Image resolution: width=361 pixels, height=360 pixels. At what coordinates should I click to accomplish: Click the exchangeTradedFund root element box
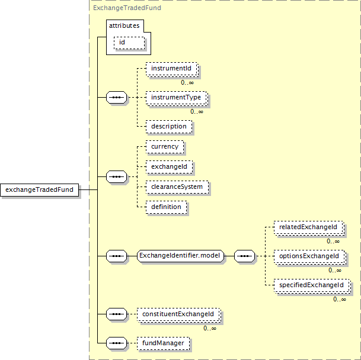pos(39,190)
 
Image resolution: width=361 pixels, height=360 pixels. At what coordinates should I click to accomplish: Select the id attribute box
pos(129,43)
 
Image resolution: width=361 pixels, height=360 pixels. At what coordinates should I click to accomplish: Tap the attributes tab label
pos(124,26)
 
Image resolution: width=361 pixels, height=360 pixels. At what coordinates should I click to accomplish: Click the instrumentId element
pos(172,69)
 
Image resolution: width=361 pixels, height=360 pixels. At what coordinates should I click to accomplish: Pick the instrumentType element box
pos(177,98)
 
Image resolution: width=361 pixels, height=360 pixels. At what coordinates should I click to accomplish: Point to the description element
pos(169,127)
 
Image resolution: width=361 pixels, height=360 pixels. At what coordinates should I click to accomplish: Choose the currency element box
pos(165,147)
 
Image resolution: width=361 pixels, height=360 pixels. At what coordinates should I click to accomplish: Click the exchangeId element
pos(169,167)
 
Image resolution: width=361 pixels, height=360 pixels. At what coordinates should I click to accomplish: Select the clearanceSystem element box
pos(177,187)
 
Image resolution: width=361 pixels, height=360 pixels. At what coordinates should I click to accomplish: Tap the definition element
pos(166,207)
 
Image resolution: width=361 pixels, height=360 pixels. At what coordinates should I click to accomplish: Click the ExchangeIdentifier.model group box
pos(180,256)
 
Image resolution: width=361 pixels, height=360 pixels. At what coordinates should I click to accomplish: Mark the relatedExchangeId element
pos(309,227)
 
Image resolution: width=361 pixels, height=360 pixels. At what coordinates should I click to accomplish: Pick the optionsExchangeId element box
pos(310,256)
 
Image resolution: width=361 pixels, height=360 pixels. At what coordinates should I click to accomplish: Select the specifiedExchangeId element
pos(312,285)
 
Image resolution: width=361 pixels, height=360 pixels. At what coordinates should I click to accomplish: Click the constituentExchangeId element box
pos(179,314)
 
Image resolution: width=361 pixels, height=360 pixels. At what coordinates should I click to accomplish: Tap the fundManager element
pos(163,343)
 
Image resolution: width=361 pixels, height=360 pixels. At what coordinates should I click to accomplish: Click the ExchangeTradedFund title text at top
pos(127,8)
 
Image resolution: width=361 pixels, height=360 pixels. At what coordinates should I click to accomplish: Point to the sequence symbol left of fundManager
pos(117,343)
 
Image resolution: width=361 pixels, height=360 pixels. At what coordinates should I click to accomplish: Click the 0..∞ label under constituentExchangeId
pos(210,328)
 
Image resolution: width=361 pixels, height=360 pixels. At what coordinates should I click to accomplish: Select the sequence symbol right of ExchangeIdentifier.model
pos(244,256)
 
